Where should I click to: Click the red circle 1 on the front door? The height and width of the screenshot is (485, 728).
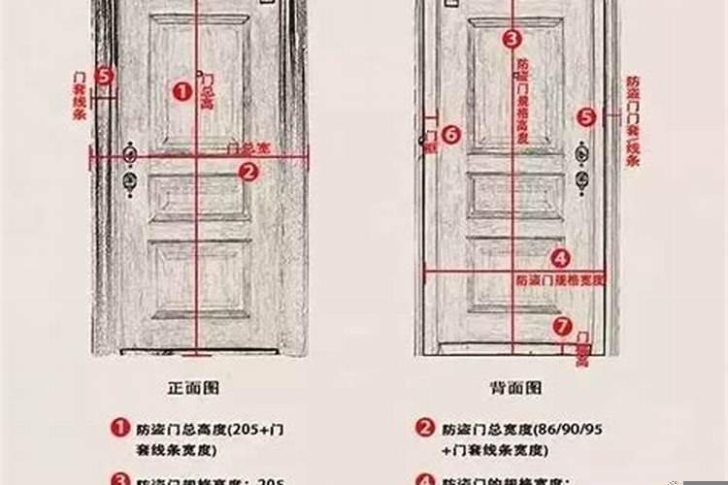[182, 91]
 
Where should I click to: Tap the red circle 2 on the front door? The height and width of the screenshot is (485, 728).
[248, 172]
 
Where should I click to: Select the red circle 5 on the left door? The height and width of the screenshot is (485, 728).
[104, 75]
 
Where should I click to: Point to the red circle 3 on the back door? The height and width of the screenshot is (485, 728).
[512, 39]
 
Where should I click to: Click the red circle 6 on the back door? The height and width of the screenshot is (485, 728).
[450, 136]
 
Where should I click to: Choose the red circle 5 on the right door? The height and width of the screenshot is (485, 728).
[586, 117]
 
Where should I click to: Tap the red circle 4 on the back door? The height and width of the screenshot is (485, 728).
[560, 258]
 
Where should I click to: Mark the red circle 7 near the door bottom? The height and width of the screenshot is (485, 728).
[560, 325]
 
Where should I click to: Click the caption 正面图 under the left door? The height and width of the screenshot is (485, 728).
[193, 387]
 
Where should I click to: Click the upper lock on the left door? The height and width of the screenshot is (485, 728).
[130, 154]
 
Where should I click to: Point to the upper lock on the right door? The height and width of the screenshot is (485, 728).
[582, 154]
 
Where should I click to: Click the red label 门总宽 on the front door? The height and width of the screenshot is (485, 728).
[248, 149]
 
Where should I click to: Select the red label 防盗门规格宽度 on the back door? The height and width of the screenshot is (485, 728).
[560, 278]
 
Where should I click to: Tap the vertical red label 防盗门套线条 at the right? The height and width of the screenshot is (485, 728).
[632, 121]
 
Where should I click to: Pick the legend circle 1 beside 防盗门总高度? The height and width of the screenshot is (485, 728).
[119, 427]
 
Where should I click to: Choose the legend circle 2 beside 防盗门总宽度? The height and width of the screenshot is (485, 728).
[425, 427]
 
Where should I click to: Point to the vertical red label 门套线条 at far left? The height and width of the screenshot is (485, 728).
[79, 95]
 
